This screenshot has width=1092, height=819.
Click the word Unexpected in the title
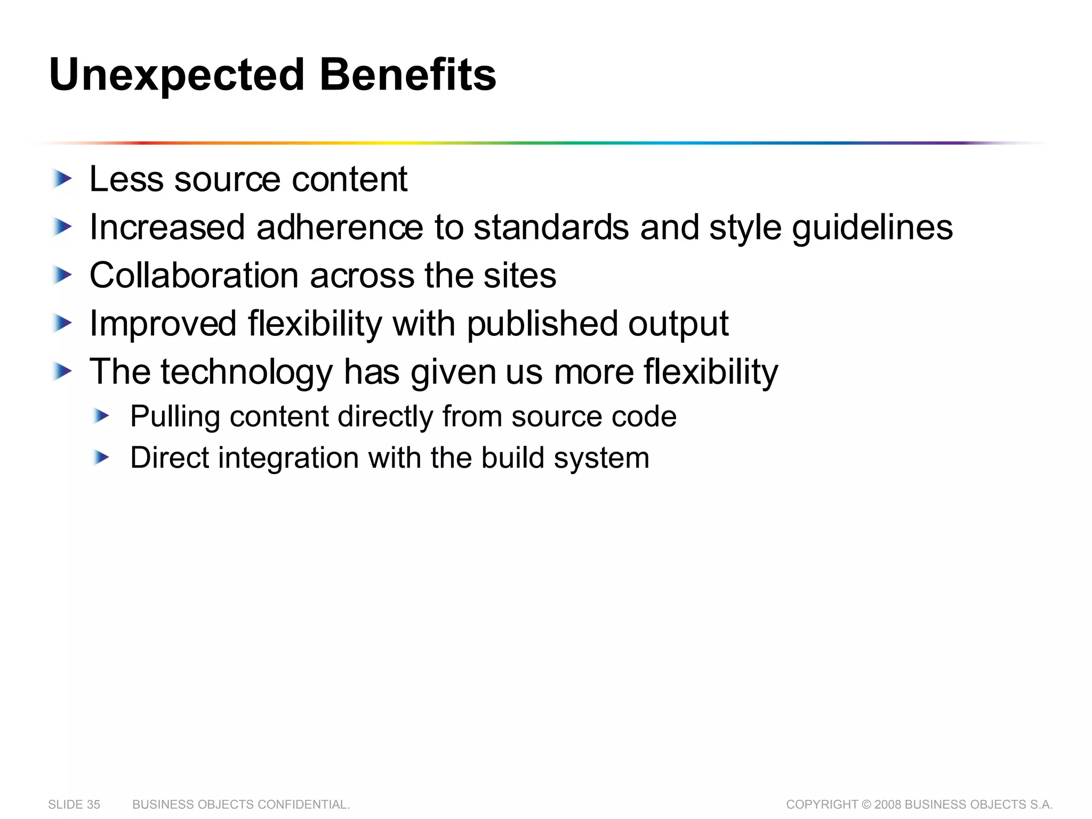pyautogui.click(x=176, y=75)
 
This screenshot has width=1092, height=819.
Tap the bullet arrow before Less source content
pyautogui.click(x=63, y=179)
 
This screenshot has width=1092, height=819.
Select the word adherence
pyautogui.click(x=340, y=228)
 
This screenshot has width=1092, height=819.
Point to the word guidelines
pyautogui.click(x=872, y=228)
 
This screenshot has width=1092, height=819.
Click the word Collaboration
pyautogui.click(x=194, y=276)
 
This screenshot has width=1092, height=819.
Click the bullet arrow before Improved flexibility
pyautogui.click(x=63, y=323)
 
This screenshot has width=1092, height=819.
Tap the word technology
pyautogui.click(x=246, y=372)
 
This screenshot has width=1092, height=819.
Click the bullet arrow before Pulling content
pyautogui.click(x=101, y=415)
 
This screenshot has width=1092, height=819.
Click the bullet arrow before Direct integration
pyautogui.click(x=101, y=457)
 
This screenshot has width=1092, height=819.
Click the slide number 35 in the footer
pyautogui.click(x=93, y=805)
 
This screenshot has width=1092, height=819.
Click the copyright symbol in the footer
pyautogui.click(x=866, y=805)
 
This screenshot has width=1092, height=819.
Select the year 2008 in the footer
pyautogui.click(x=888, y=805)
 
